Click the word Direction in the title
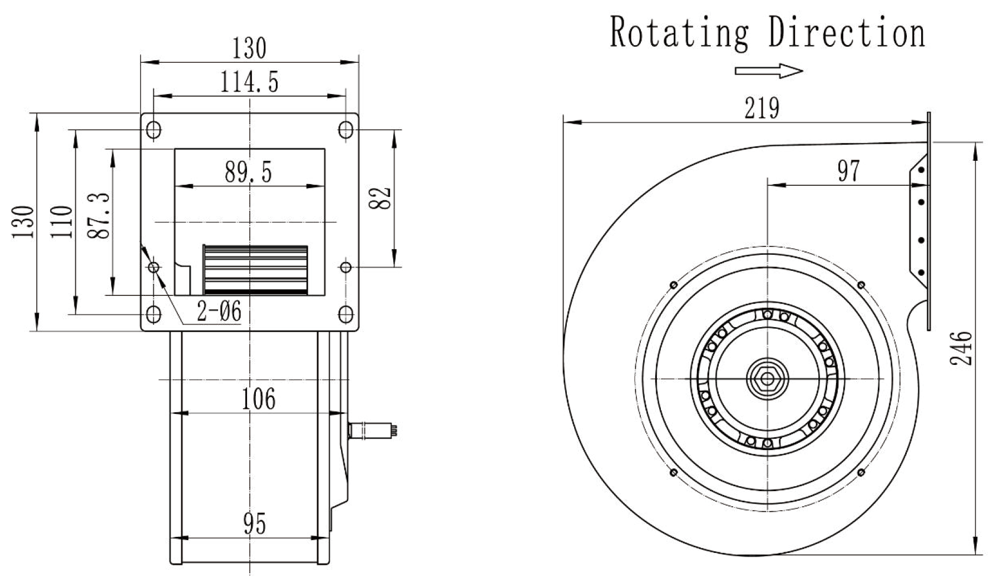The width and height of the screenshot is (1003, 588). tap(847, 32)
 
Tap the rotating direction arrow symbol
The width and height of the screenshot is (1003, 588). tap(769, 71)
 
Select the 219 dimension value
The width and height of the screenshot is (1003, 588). tap(762, 108)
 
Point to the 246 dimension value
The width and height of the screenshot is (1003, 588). tap(961, 349)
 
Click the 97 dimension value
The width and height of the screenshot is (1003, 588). tap(848, 171)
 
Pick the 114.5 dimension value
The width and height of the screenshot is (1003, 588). tap(249, 83)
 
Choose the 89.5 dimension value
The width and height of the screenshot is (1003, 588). tap(249, 172)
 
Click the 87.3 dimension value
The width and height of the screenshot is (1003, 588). tap(99, 216)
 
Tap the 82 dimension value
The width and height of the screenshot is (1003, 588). tap(381, 197)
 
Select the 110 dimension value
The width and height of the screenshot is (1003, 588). tap(61, 221)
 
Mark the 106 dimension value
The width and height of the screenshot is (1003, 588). tap(259, 399)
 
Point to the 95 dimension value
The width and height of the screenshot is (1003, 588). tap(255, 524)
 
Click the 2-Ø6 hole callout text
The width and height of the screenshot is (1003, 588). tap(219, 312)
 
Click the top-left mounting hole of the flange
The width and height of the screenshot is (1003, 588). tap(154, 130)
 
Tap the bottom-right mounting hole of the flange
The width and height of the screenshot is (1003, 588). tap(346, 314)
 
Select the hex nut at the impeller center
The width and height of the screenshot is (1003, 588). tap(767, 379)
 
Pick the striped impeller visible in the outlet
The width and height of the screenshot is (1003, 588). tap(255, 270)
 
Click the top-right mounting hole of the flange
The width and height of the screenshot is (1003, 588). tap(346, 130)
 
